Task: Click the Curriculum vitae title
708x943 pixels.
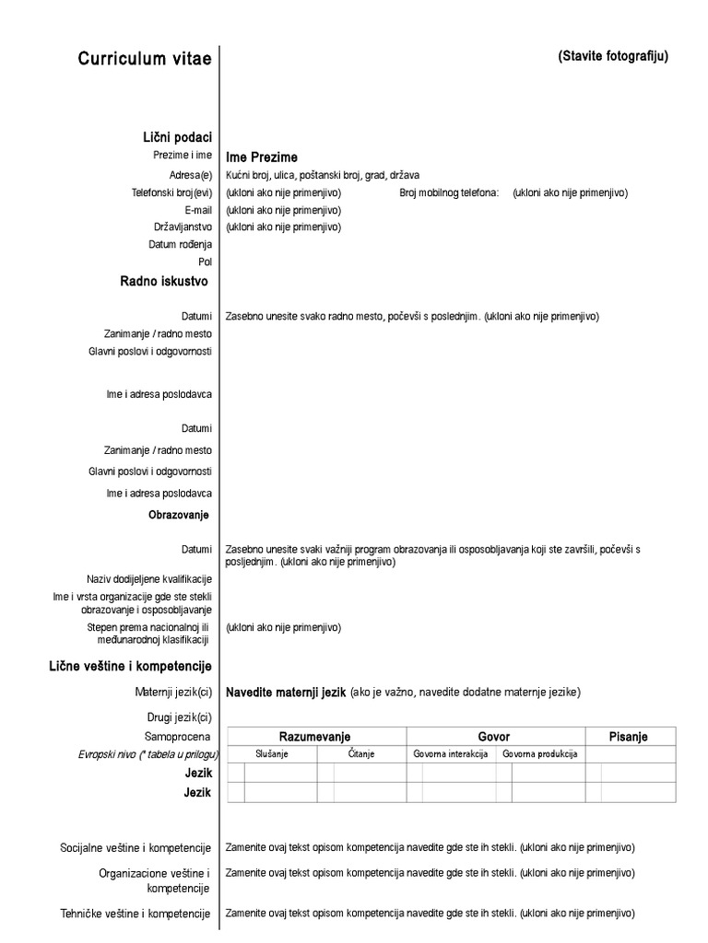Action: click(x=145, y=59)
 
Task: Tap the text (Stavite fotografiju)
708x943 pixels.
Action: click(x=613, y=56)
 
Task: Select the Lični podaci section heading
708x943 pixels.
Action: click(x=176, y=137)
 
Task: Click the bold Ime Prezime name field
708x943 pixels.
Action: click(x=262, y=157)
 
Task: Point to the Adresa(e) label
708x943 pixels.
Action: click(x=191, y=175)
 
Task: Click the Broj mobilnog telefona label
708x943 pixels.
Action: click(x=449, y=192)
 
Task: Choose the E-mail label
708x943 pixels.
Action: click(x=198, y=210)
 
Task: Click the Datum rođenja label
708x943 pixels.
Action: click(x=180, y=244)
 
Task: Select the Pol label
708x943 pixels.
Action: click(x=205, y=262)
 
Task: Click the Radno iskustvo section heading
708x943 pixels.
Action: click(x=164, y=281)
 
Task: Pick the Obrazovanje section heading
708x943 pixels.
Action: click(x=179, y=514)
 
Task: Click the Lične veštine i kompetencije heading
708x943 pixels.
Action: click(x=130, y=666)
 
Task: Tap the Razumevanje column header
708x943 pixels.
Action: click(x=314, y=737)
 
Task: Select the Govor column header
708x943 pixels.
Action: click(x=493, y=737)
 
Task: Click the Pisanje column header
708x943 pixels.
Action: click(x=629, y=737)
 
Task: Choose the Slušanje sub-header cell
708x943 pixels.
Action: click(x=272, y=754)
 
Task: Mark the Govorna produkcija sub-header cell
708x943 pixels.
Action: click(x=539, y=754)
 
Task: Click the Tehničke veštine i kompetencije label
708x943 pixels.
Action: click(x=136, y=914)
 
